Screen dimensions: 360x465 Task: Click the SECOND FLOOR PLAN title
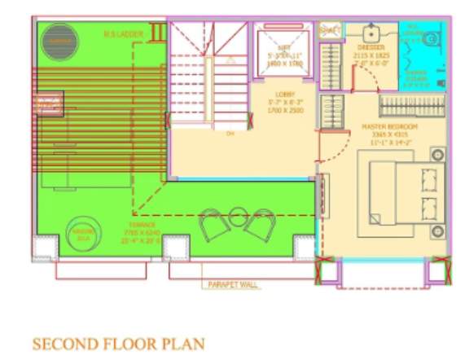118,343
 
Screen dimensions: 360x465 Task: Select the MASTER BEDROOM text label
390,128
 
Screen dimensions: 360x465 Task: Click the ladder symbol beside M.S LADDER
157,33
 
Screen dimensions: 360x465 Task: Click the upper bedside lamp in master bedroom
436,154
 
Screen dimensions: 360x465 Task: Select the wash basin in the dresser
371,36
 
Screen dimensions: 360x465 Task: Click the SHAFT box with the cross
329,30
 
